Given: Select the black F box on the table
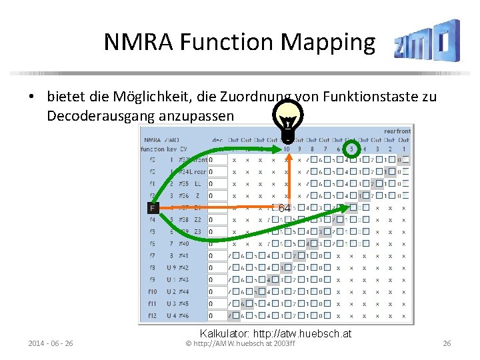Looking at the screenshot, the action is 153,208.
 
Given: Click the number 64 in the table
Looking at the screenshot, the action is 284,208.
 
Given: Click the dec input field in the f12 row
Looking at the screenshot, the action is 217,315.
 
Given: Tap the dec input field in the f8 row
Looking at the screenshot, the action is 217,267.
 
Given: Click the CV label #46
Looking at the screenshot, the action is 182,315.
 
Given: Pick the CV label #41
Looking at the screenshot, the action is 182,255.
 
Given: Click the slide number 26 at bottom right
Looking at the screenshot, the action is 447,343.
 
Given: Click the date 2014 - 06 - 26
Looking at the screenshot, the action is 51,343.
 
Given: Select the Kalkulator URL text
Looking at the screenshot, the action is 275,333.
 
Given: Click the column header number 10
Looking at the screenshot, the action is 286,148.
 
